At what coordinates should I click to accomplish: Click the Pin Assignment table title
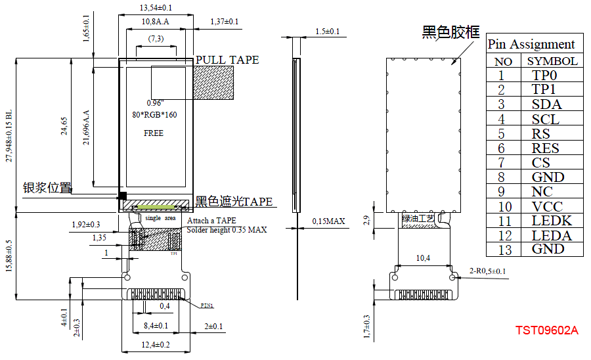coord(531,44)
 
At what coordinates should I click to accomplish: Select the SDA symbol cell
coord(546,104)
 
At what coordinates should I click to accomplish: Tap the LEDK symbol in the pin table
coord(552,221)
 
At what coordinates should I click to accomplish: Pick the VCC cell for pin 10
coord(548,206)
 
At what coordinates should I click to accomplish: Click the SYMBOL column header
coord(552,61)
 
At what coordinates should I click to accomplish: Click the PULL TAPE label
coord(227,60)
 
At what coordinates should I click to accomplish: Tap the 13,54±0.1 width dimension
coord(156,8)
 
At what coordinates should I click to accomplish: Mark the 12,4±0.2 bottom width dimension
coord(155,344)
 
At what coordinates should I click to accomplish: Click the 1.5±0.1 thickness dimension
coord(328,31)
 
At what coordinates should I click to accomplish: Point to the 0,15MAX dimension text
coord(328,221)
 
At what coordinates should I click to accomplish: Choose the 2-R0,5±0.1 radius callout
coord(487,271)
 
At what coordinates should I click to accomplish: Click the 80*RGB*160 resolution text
coord(154,115)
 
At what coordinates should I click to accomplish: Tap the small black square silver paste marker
coord(121,196)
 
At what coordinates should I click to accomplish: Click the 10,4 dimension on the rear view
coord(423,258)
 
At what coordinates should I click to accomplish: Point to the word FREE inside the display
coord(154,133)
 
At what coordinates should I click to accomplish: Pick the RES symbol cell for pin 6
coord(546,148)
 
